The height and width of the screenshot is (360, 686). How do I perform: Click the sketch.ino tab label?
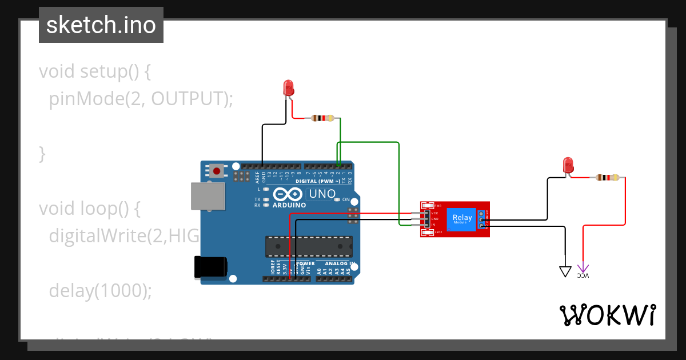[101, 25]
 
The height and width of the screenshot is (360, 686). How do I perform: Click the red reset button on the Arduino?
[217, 171]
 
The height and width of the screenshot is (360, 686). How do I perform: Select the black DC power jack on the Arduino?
[211, 267]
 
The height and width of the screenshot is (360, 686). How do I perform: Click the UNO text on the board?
[322, 194]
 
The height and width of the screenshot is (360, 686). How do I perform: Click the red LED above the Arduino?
[289, 88]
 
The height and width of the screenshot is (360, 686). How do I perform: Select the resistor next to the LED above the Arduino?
[322, 118]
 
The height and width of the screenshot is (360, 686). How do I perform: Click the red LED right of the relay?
[568, 165]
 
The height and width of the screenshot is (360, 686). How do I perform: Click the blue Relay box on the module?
[462, 218]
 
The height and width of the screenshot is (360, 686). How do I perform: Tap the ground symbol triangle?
[565, 271]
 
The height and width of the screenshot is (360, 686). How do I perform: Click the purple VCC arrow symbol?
[583, 269]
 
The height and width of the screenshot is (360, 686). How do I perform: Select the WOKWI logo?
[607, 315]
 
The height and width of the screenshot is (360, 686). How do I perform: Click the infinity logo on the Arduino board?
[287, 194]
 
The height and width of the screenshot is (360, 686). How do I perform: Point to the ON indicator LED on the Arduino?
[337, 199]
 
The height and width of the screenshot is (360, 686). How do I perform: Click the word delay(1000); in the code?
[101, 291]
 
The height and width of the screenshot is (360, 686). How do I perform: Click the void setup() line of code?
[95, 72]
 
